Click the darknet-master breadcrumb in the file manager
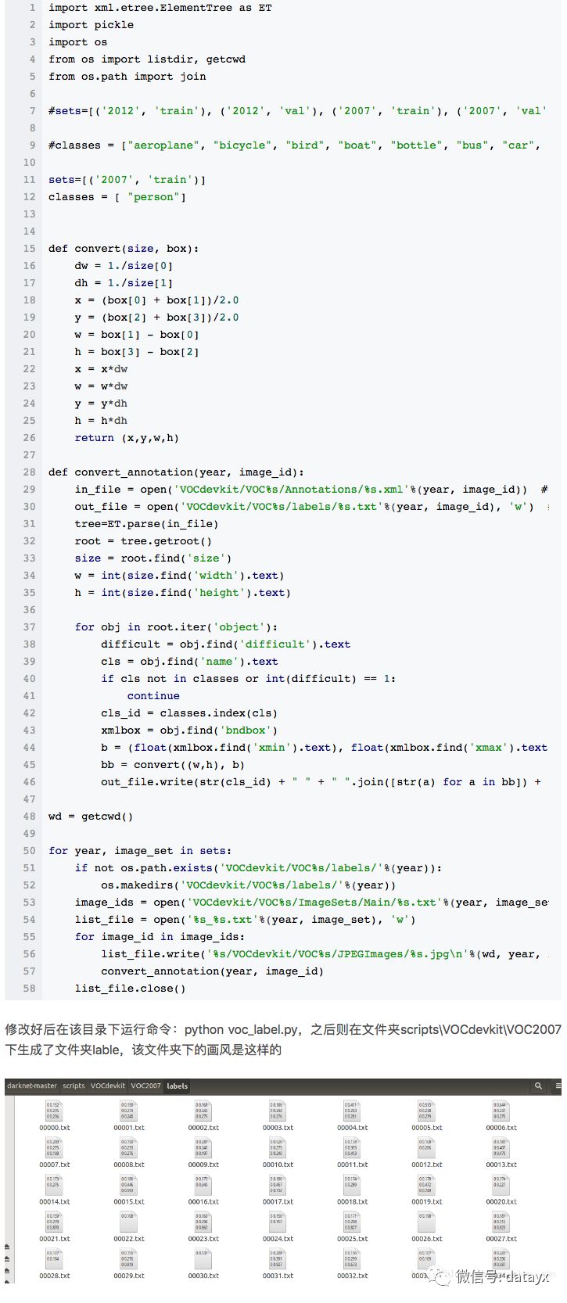coord(32,1086)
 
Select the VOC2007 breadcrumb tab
coord(145,1086)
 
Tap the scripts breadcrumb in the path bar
coord(74,1086)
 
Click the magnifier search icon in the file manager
coord(538,1086)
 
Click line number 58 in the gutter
coord(29,988)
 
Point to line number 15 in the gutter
coord(29,248)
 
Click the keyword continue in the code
coord(153,695)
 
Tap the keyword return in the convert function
coord(94,437)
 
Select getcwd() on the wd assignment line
coord(107,816)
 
